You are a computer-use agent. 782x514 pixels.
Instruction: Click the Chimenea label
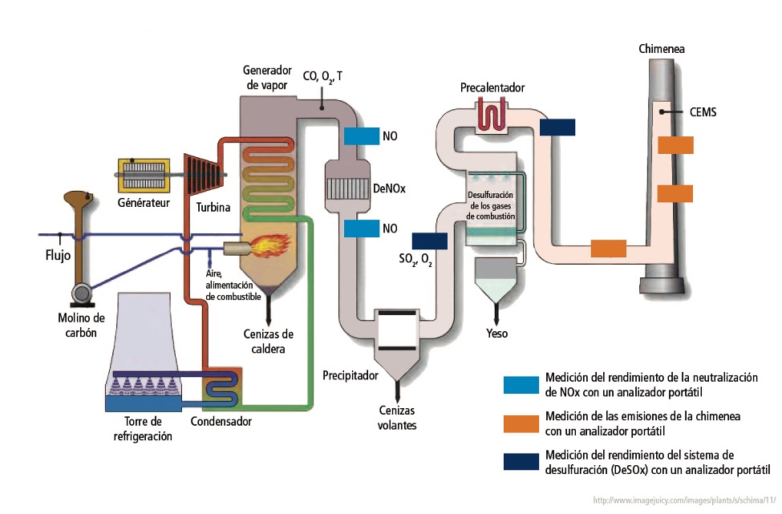tap(662, 49)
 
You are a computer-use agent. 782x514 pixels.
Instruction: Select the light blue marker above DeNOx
tap(361, 136)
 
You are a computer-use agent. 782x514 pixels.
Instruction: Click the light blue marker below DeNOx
tap(361, 229)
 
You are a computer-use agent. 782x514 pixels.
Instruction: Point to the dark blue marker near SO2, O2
tap(429, 240)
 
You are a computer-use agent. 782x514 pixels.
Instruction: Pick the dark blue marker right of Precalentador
tap(557, 127)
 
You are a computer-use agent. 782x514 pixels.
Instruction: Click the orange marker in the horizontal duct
tap(608, 248)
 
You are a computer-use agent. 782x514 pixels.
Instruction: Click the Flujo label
tap(59, 258)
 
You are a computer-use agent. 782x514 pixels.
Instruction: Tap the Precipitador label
tap(350, 375)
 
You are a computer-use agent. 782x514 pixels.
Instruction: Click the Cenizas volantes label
tap(398, 418)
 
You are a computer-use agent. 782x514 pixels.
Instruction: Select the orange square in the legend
tap(521, 423)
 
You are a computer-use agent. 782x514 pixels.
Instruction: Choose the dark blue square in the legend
tap(521, 462)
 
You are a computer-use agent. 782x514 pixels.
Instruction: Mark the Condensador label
tap(221, 422)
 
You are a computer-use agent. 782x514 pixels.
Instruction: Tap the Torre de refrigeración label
tap(139, 428)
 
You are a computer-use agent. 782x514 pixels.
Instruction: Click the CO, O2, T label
tap(322, 76)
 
